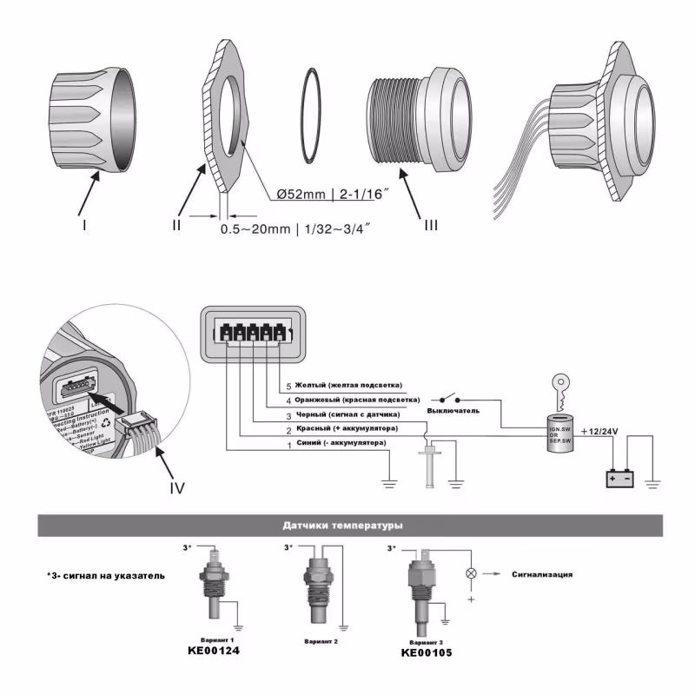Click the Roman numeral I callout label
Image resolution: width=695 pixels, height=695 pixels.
pyautogui.click(x=85, y=223)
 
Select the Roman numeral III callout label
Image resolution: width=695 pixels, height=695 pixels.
pyautogui.click(x=431, y=225)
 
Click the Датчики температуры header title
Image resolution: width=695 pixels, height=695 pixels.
pyautogui.click(x=347, y=525)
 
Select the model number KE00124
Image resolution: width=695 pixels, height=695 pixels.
pyautogui.click(x=214, y=650)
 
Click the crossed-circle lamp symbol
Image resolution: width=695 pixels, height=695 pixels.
pyautogui.click(x=472, y=573)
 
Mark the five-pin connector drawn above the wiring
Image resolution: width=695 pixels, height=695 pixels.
pyautogui.click(x=252, y=332)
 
